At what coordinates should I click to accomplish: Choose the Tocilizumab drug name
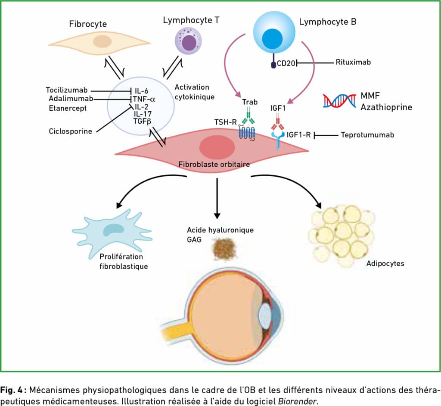67,90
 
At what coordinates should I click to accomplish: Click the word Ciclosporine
70,131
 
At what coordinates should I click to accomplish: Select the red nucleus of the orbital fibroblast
217,147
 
